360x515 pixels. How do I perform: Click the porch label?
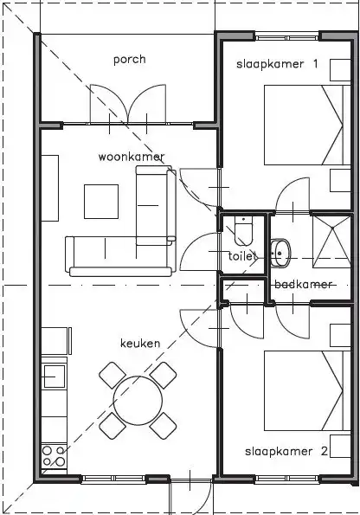click(x=130, y=60)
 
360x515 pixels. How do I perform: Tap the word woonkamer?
click(x=132, y=157)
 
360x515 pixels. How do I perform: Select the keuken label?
click(x=140, y=344)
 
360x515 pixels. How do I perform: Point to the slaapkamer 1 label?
click(x=277, y=64)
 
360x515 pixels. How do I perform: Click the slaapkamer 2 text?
click(x=286, y=451)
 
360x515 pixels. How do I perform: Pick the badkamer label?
click(x=303, y=284)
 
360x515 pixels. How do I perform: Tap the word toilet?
click(x=242, y=256)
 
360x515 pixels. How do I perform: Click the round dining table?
click(x=138, y=400)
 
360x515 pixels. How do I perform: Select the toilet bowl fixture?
click(x=243, y=231)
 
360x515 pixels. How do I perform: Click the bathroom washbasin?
click(x=281, y=253)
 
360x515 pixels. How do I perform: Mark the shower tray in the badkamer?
click(x=331, y=242)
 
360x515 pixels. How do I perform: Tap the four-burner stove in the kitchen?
click(x=54, y=456)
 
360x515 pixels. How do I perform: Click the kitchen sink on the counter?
click(x=55, y=377)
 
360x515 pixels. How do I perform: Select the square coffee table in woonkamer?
click(x=101, y=202)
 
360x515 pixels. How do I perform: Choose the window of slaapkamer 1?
click(x=287, y=38)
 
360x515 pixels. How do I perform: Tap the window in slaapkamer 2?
click(x=287, y=480)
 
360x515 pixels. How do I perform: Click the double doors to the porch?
click(x=128, y=105)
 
